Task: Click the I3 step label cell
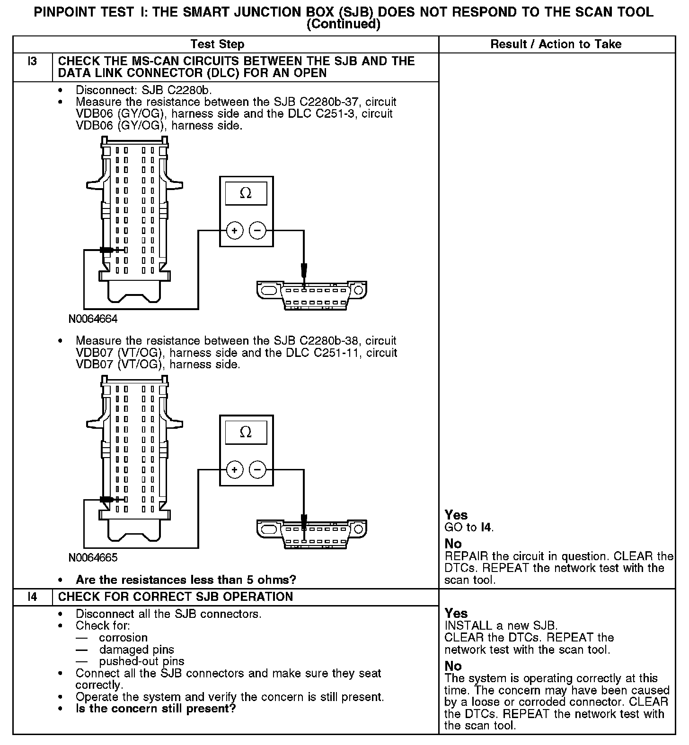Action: [x=32, y=62]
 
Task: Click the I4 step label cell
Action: [x=32, y=597]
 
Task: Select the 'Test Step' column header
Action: [x=217, y=44]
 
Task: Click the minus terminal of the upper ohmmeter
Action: [x=257, y=231]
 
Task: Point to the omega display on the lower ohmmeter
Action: [x=246, y=432]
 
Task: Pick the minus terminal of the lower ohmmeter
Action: [x=257, y=470]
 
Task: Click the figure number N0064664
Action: [x=93, y=319]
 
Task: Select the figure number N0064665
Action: [x=93, y=558]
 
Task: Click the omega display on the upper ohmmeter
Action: [x=246, y=193]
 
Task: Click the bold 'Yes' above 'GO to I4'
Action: [x=456, y=515]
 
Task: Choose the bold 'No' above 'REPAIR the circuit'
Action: [x=453, y=544]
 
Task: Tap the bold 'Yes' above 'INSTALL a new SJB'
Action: [x=456, y=613]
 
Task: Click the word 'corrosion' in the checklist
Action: [x=123, y=638]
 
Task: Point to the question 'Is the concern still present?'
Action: [x=156, y=709]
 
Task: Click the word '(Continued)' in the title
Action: [x=344, y=24]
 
